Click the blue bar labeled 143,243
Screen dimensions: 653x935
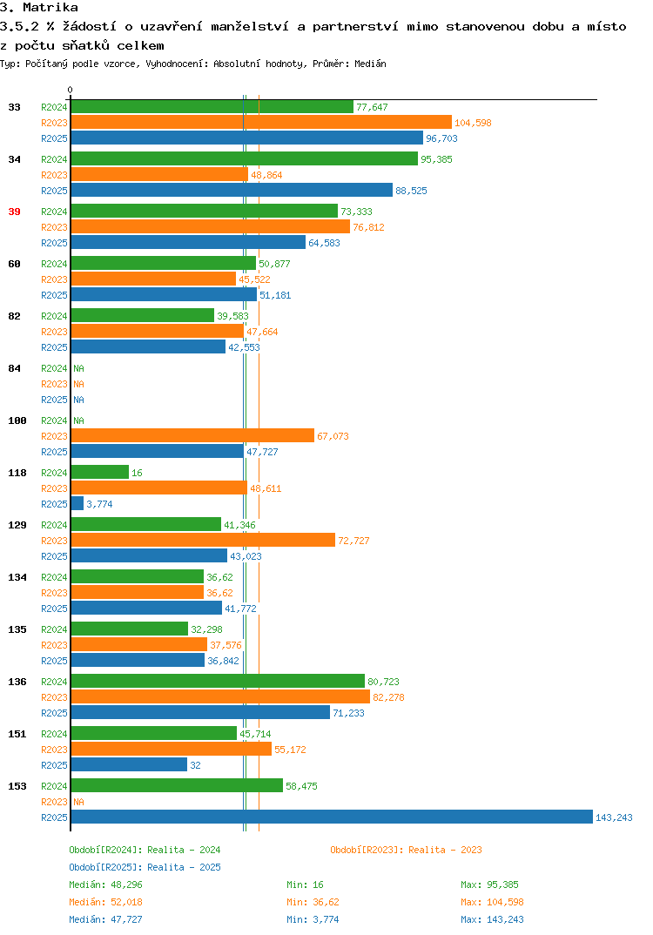coord(332,817)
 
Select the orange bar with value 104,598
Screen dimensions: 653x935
coord(261,122)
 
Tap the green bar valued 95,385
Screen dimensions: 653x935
coord(245,158)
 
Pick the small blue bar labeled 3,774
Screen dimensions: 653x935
coord(77,503)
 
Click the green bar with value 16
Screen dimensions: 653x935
coord(100,472)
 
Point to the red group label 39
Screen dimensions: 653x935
coord(14,212)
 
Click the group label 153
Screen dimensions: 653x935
coord(17,786)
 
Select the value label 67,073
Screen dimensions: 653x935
coord(333,436)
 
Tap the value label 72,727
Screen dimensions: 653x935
coord(353,541)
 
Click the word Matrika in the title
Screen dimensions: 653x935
coord(50,7)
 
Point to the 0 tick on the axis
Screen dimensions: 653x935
coord(70,90)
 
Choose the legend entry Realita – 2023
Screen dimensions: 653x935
coord(406,850)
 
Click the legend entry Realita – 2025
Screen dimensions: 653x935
coord(145,867)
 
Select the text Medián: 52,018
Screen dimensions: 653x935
coord(105,902)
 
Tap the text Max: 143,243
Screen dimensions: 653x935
coord(492,919)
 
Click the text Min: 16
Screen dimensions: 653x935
coord(305,885)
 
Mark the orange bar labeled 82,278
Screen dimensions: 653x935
coord(220,696)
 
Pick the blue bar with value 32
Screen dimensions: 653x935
coord(129,764)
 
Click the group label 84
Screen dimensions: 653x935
coord(14,368)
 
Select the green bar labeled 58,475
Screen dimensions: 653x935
coord(177,785)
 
